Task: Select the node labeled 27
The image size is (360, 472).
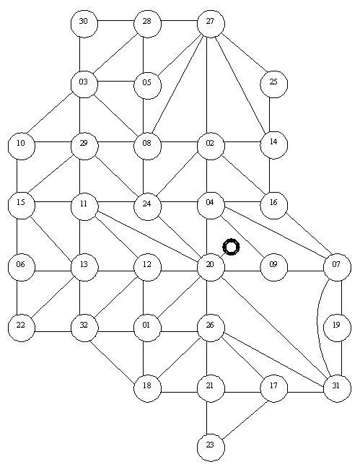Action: pyautogui.click(x=211, y=24)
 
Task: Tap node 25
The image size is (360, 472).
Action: pyautogui.click(x=273, y=84)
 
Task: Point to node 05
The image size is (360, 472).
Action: pyautogui.click(x=147, y=85)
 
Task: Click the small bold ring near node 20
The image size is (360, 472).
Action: pyautogui.click(x=231, y=247)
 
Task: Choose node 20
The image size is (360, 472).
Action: pyautogui.click(x=211, y=267)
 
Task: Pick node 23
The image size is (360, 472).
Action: pyautogui.click(x=211, y=447)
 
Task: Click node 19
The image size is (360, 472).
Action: pyautogui.click(x=337, y=328)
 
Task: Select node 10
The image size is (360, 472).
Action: pyautogui.click(x=22, y=145)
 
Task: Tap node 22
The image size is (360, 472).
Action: pyautogui.click(x=22, y=328)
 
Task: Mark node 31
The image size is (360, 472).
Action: pyautogui.click(x=337, y=388)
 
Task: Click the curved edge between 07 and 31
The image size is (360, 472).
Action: pyautogui.click(x=317, y=328)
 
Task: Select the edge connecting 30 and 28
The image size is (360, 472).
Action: pyautogui.click(x=116, y=21)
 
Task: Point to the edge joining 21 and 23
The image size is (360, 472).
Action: pyautogui.click(x=206, y=418)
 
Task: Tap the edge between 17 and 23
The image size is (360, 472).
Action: pyautogui.click(x=245, y=419)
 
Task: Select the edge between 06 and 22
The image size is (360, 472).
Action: pyautogui.click(x=17, y=297)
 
